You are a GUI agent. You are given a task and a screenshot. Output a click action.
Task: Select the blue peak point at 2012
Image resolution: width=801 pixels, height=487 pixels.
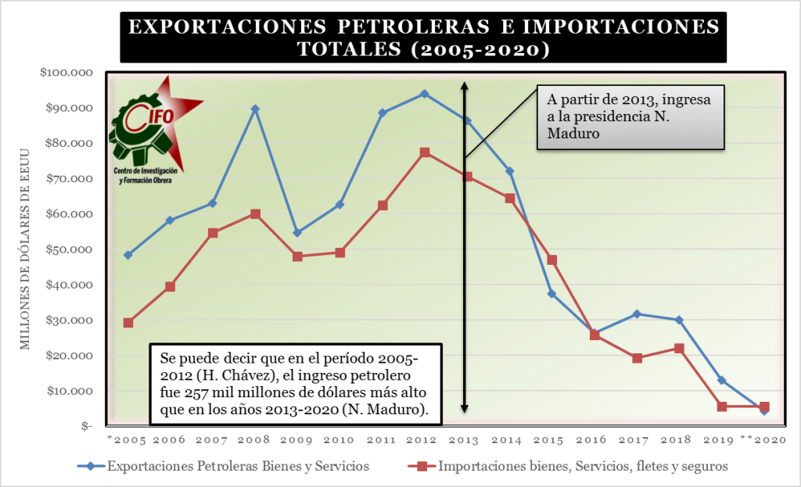pyautogui.click(x=424, y=94)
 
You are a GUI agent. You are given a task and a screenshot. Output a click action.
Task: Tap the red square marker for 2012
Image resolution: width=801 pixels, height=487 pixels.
pyautogui.click(x=424, y=152)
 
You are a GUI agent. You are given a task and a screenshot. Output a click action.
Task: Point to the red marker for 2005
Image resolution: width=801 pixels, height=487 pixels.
pyautogui.click(x=128, y=323)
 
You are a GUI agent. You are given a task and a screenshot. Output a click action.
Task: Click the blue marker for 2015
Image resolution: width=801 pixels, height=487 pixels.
pyautogui.click(x=551, y=294)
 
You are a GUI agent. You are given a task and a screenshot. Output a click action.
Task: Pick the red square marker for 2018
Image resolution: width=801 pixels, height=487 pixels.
pyautogui.click(x=679, y=349)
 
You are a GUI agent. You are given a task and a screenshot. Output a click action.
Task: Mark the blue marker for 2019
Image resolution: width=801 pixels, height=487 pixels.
pyautogui.click(x=721, y=381)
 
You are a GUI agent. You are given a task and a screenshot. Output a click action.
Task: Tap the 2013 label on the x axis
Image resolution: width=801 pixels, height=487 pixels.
pyautogui.click(x=466, y=440)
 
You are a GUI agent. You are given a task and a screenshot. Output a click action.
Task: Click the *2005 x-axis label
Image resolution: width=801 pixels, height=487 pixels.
pyautogui.click(x=126, y=440)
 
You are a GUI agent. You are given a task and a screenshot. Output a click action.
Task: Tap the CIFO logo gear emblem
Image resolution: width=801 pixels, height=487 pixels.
pyautogui.click(x=141, y=129)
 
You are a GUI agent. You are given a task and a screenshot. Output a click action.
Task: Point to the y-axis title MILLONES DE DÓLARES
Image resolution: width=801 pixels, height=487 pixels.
pyautogui.click(x=24, y=250)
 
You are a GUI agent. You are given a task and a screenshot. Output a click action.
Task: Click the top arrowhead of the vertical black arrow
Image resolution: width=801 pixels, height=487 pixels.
pyautogui.click(x=464, y=86)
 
